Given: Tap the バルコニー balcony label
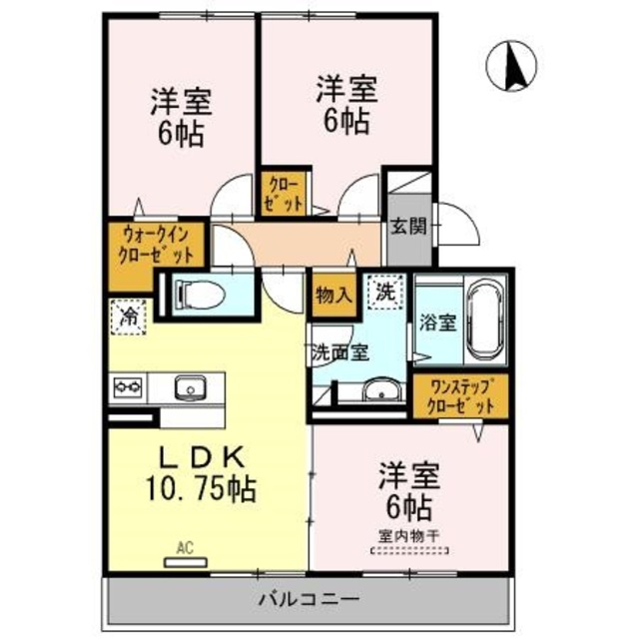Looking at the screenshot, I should tap(310, 600).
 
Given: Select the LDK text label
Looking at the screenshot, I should tap(204, 456).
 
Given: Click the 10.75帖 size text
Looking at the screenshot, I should tap(206, 489).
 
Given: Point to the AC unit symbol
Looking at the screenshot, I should tap(184, 558).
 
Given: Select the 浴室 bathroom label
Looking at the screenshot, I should tap(438, 323).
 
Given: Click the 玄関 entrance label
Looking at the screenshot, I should tap(407, 226).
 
